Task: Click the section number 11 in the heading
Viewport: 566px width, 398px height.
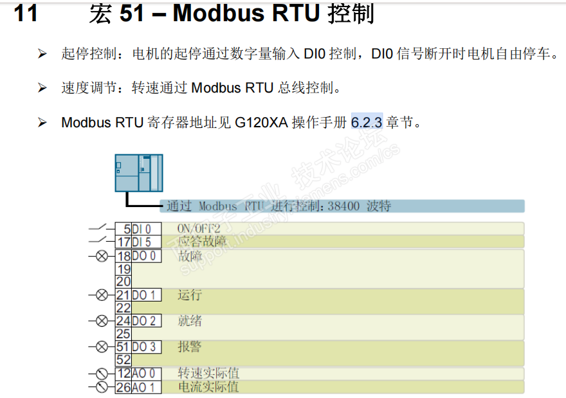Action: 26,14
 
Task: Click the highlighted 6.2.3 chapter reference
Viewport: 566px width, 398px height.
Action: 367,122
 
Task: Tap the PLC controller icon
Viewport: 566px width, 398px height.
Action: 138,173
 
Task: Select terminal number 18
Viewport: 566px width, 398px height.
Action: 123,255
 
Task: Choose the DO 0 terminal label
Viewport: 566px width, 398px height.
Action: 144,255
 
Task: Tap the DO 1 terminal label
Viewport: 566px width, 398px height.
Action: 144,295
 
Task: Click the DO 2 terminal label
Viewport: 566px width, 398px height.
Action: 144,321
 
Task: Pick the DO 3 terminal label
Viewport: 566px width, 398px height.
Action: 144,347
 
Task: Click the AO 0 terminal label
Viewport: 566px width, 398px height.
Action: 144,374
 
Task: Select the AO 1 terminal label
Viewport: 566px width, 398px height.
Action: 144,387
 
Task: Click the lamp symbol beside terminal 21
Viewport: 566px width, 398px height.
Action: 101,295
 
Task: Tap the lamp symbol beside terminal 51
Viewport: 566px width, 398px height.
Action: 101,347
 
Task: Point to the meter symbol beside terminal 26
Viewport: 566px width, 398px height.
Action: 101,387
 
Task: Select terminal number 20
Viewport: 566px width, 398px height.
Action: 123,281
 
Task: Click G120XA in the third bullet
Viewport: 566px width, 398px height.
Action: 262,122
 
